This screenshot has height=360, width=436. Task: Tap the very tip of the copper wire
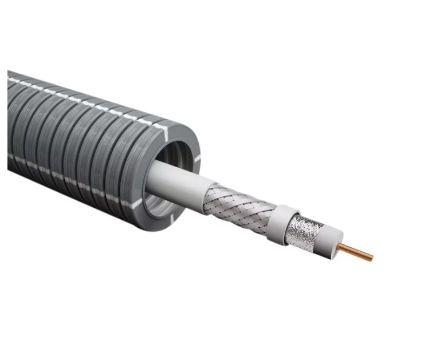pos(371,258)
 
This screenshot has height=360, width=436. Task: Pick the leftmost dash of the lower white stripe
pos(11,155)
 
